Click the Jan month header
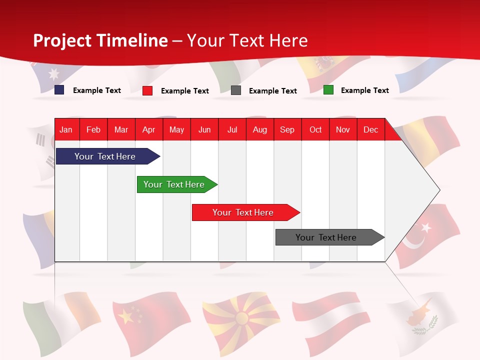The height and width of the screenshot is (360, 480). (66, 129)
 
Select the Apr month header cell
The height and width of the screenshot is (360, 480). (149, 129)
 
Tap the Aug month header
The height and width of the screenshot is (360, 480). (260, 129)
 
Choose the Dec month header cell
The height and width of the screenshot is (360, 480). (371, 129)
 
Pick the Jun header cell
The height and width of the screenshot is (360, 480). (204, 129)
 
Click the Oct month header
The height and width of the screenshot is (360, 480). (315, 129)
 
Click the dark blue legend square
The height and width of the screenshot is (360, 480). (59, 90)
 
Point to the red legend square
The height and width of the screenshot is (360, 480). (147, 90)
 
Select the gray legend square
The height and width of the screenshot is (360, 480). (236, 90)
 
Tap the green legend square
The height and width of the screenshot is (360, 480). (328, 90)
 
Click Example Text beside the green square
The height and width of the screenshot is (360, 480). (364, 90)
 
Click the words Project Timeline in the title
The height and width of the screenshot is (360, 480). (100, 40)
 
